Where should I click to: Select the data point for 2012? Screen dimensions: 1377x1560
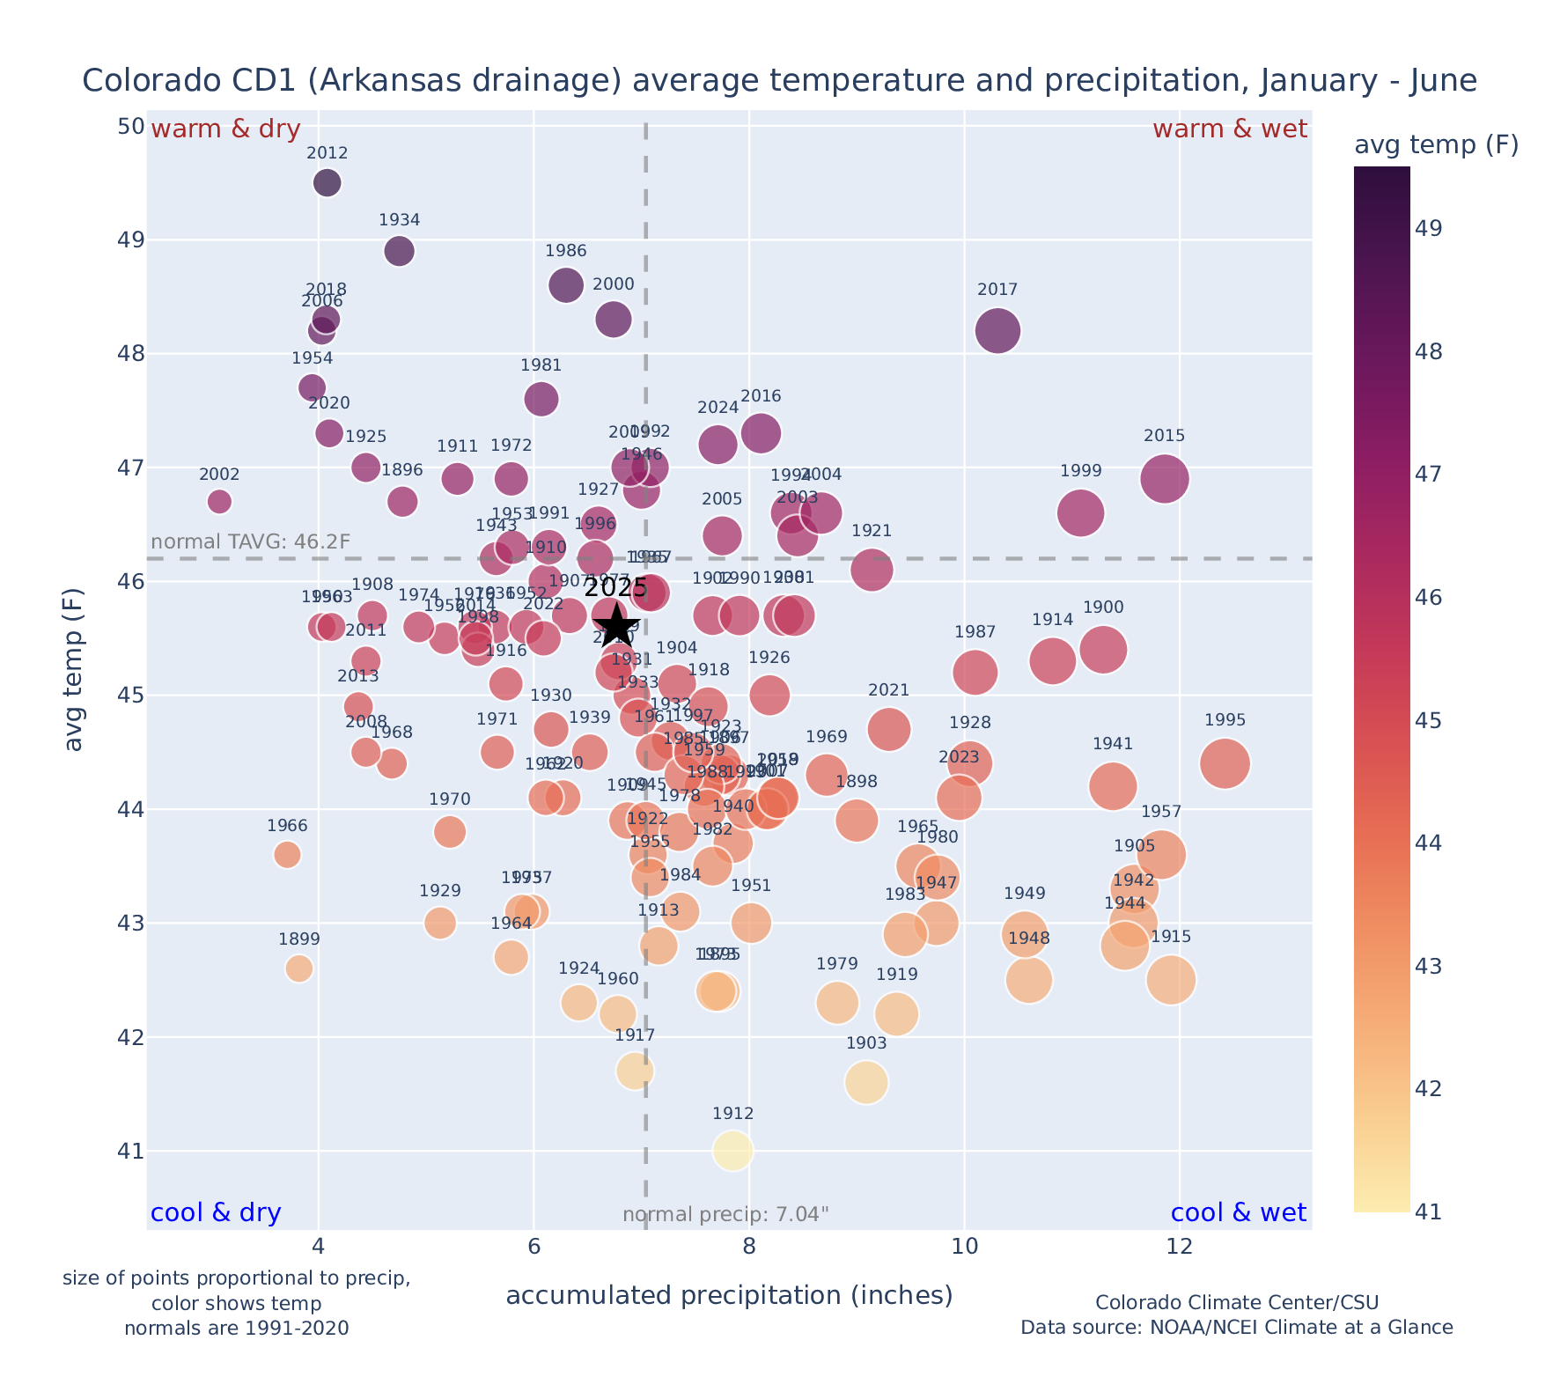(327, 183)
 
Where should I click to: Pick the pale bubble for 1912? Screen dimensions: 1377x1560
(733, 1151)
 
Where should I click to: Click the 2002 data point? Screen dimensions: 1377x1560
(220, 502)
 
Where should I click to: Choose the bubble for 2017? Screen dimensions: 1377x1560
(997, 331)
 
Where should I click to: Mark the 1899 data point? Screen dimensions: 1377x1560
(299, 968)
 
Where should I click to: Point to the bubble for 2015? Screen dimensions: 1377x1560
(1165, 479)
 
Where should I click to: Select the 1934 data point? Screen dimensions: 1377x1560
(400, 251)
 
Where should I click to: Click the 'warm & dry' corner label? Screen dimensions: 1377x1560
(226, 129)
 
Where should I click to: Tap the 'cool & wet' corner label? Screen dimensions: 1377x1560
(1239, 1213)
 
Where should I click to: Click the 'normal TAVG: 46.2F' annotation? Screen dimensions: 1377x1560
(252, 541)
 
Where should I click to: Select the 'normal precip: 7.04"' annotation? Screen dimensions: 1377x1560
(726, 1215)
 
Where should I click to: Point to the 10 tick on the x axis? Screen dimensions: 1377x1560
(965, 1248)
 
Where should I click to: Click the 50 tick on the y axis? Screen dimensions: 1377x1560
(131, 127)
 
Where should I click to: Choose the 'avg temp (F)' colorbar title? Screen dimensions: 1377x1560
(1436, 145)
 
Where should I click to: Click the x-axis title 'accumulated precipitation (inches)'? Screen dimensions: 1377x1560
(729, 1296)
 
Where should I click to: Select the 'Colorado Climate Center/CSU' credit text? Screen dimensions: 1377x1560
(1237, 1303)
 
